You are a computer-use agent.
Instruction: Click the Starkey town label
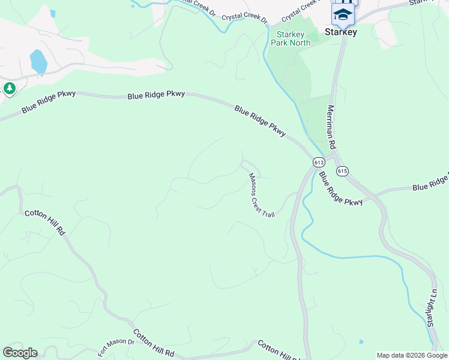pyautogui.click(x=341, y=32)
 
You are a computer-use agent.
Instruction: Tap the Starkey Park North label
pyautogui.click(x=291, y=39)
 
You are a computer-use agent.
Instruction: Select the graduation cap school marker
pyautogui.click(x=343, y=14)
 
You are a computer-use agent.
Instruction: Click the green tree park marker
pyautogui.click(x=9, y=89)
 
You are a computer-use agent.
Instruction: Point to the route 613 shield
pyautogui.click(x=319, y=163)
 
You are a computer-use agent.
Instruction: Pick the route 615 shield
pyautogui.click(x=342, y=171)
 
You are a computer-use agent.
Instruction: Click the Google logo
pyautogui.click(x=20, y=353)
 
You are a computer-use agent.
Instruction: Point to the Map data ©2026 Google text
pyautogui.click(x=412, y=355)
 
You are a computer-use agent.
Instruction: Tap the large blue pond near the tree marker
pyautogui.click(x=38, y=62)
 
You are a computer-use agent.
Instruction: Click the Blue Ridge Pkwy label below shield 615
pyautogui.click(x=341, y=190)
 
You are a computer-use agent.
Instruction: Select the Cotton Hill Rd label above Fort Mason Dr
pyautogui.click(x=44, y=222)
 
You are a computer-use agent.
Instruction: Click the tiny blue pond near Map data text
pyautogui.click(x=361, y=342)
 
